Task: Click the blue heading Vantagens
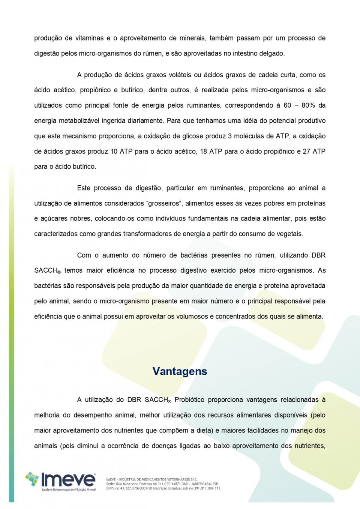180,371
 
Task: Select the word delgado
272,53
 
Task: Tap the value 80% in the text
308,105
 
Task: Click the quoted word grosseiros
164,203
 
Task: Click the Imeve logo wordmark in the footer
68,480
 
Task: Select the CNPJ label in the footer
111,488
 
